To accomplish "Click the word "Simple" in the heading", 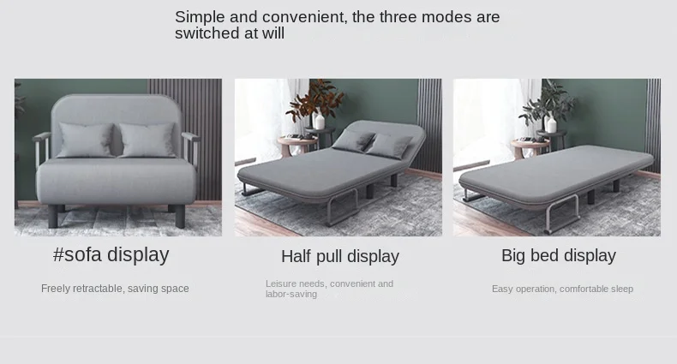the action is (x=200, y=17).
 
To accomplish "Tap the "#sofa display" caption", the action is (x=111, y=254).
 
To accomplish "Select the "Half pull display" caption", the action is (x=340, y=256).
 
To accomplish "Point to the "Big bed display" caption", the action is (x=558, y=255).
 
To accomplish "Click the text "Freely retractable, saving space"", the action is (x=115, y=289).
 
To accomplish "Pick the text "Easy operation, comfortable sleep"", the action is (x=562, y=289).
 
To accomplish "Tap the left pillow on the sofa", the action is (x=86, y=140).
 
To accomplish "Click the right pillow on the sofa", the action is (x=147, y=140).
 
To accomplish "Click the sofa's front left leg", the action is (x=52, y=216).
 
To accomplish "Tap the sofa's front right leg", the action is (x=180, y=216).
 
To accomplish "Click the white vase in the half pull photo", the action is (x=319, y=122).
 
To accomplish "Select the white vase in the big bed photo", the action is (x=551, y=124).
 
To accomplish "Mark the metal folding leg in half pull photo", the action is (x=342, y=207).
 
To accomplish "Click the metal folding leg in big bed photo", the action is (x=562, y=214).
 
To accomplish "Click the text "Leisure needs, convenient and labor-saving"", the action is (x=329, y=289).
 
